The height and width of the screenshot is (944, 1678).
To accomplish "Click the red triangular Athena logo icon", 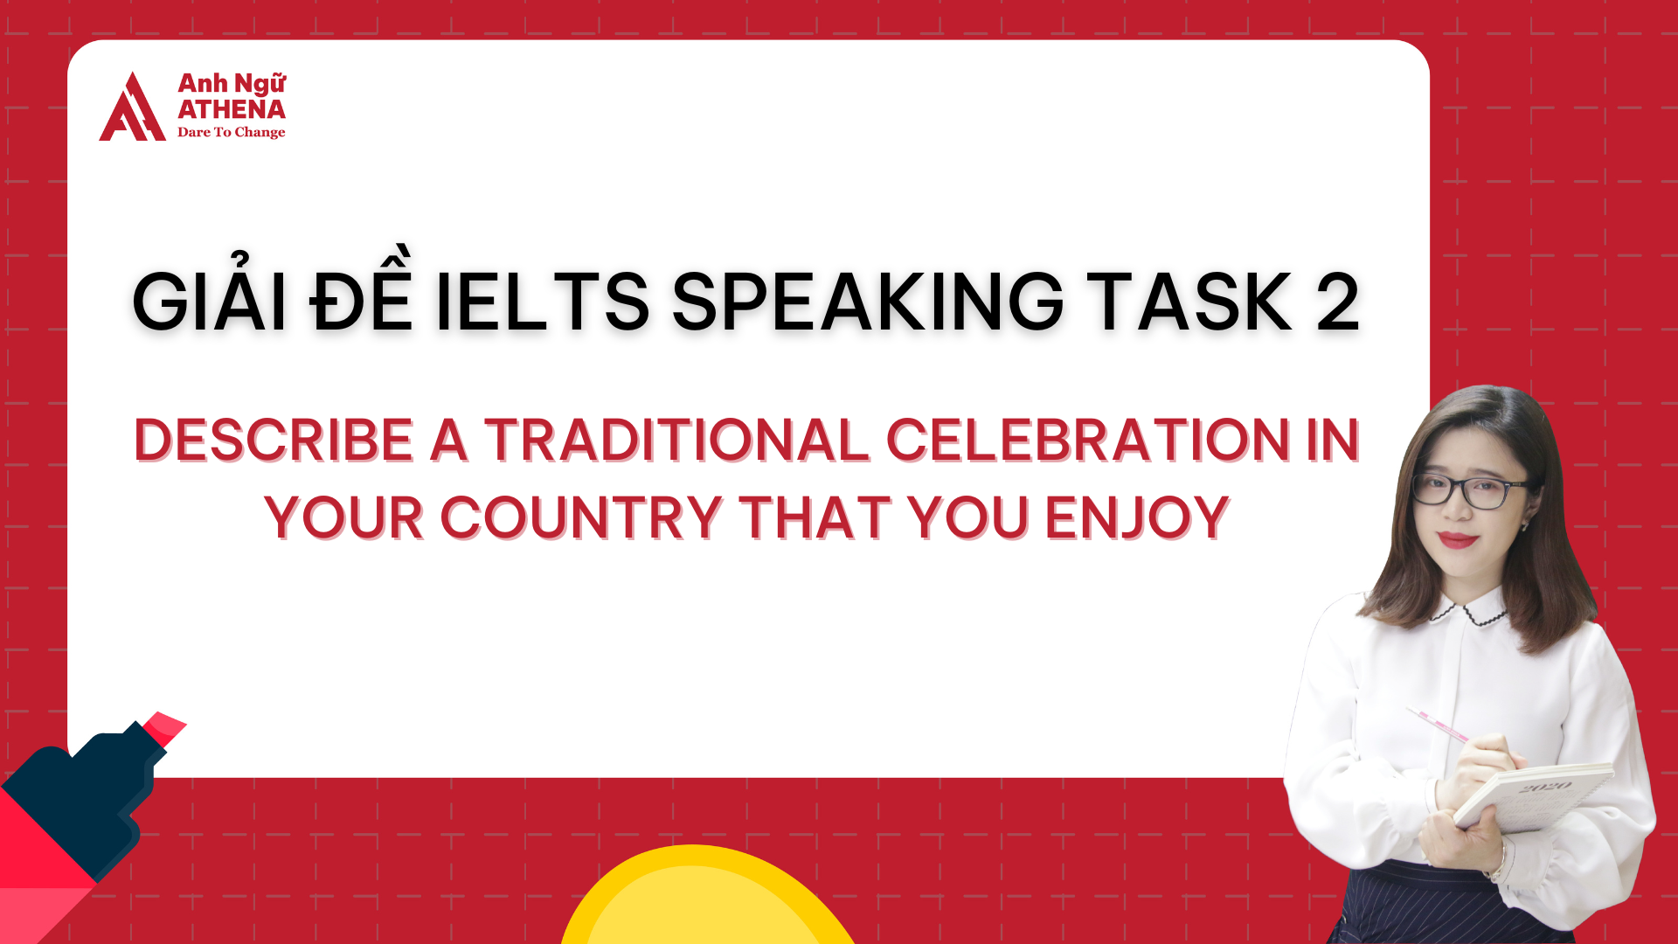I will point(132,108).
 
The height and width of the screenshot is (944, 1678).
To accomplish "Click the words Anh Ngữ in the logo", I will point(232,84).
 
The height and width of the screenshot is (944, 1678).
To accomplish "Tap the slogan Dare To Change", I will point(232,132).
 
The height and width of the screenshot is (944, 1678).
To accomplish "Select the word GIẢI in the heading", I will point(210,302).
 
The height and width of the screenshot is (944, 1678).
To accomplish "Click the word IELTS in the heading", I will point(542,302).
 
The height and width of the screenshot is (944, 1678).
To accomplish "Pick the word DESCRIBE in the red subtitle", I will point(273,440).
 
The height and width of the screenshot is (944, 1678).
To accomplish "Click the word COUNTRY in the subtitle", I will point(580,517).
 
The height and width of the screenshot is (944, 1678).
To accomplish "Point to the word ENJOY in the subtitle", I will point(1137,517).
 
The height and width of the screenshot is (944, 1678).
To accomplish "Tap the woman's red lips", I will point(1457,539).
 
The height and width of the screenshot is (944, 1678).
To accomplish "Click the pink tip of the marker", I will point(165,727).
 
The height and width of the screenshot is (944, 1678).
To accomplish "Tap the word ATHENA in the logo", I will point(232,109).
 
